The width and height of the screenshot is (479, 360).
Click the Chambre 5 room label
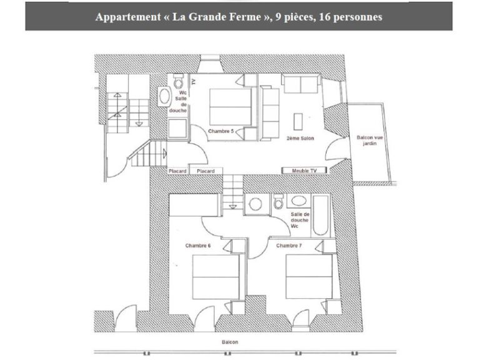[221, 131]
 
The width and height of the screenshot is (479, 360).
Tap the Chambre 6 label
[198, 246]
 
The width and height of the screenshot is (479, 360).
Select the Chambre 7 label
[289, 246]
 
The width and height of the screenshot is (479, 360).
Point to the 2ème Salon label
[300, 139]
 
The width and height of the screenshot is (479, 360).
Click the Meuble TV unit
[304, 171]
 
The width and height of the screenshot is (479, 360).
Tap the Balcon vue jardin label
[370, 141]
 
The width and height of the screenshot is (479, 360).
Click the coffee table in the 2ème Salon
[298, 122]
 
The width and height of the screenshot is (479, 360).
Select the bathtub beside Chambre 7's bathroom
[321, 216]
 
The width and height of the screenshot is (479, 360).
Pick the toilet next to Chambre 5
[179, 81]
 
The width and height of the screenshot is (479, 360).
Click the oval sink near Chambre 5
[164, 96]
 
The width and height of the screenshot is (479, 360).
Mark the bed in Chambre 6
[215, 277]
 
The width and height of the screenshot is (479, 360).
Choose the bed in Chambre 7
[309, 277]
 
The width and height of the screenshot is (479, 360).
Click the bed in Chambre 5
[230, 107]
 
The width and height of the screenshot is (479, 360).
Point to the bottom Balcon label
[230, 342]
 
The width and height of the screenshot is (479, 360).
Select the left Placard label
[177, 171]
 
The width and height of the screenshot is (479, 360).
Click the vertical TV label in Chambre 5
[194, 82]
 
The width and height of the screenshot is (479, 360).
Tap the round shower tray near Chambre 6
[255, 204]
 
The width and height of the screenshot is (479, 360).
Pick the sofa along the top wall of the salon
[301, 84]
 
